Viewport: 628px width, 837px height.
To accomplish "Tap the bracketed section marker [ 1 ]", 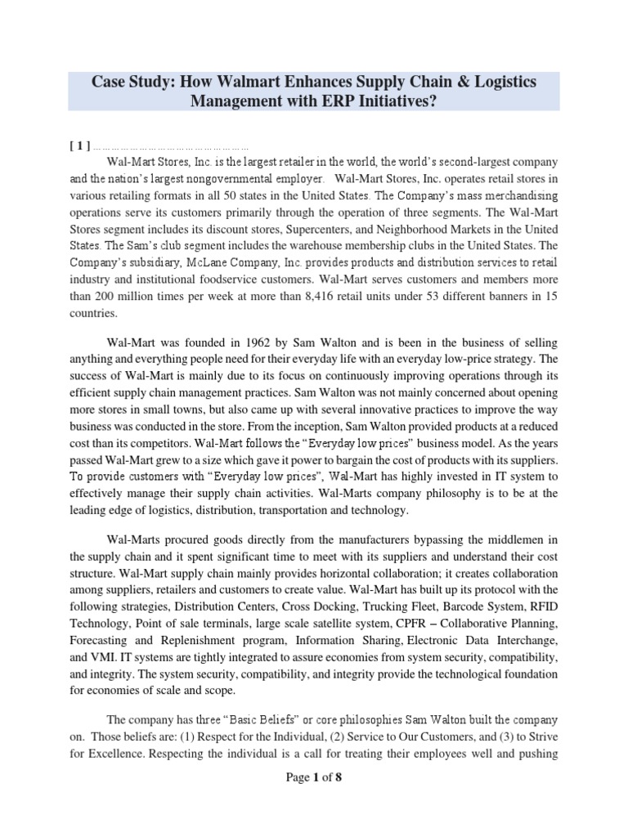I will point(79,147).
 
